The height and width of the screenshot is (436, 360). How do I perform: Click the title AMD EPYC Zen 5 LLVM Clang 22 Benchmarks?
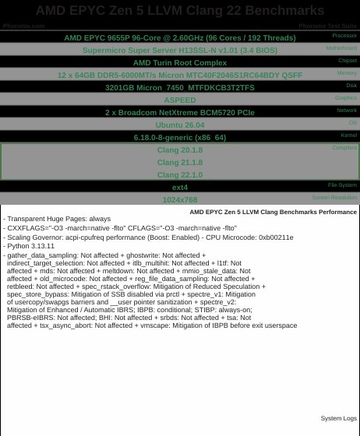180,10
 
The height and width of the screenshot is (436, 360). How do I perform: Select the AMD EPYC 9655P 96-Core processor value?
180,37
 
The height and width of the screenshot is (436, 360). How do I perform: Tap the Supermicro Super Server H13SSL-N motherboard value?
180,50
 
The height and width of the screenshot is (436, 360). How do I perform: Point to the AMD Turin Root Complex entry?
180,62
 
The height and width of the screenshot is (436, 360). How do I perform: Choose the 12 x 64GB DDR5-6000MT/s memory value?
180,76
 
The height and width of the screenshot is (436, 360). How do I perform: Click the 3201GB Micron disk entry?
180,88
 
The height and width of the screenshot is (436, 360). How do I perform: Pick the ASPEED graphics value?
180,100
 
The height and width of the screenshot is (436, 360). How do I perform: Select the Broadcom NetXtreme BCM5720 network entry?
180,113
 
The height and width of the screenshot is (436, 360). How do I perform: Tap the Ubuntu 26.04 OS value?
180,125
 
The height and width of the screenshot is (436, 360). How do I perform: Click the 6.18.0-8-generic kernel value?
180,138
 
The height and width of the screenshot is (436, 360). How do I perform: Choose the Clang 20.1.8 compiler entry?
180,150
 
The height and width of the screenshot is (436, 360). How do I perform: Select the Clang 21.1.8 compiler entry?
180,163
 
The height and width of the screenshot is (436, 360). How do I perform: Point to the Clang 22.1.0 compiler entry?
180,175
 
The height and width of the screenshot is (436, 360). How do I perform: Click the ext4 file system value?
180,188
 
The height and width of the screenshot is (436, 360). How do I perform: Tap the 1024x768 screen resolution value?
180,200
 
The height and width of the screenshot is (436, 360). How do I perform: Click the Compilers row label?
344,147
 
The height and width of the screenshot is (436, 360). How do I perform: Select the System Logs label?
338,418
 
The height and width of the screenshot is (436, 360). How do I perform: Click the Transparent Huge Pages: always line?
57,219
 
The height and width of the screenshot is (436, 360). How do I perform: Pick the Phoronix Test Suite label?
327,26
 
